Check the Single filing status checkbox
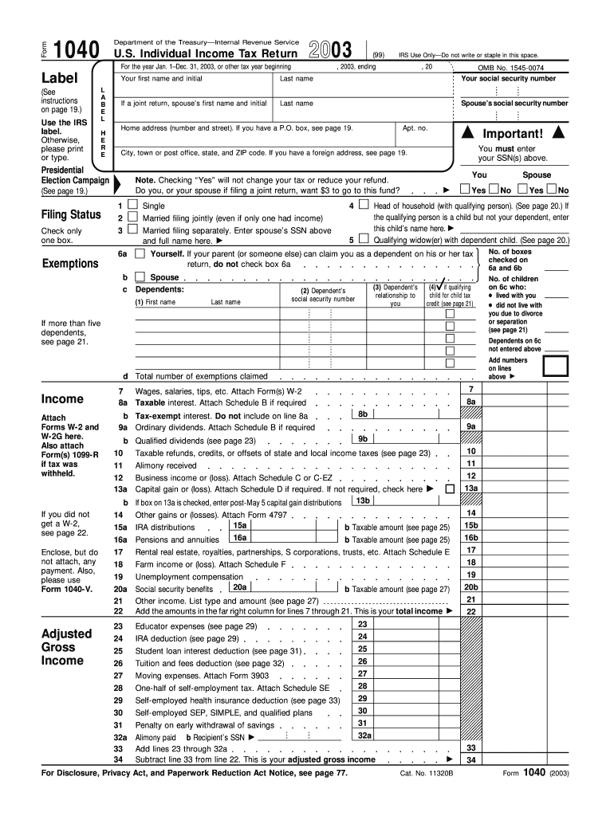(132, 205)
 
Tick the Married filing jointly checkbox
(132, 218)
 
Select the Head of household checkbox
(364, 205)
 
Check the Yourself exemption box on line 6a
(140, 253)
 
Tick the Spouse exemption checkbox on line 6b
(140, 277)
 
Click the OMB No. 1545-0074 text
(511, 69)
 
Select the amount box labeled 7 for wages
(471, 389)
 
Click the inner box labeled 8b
(362, 414)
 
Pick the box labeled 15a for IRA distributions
(238, 526)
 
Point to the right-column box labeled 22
(471, 611)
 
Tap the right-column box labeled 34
(471, 760)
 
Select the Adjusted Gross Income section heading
(67, 647)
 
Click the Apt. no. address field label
(415, 128)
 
